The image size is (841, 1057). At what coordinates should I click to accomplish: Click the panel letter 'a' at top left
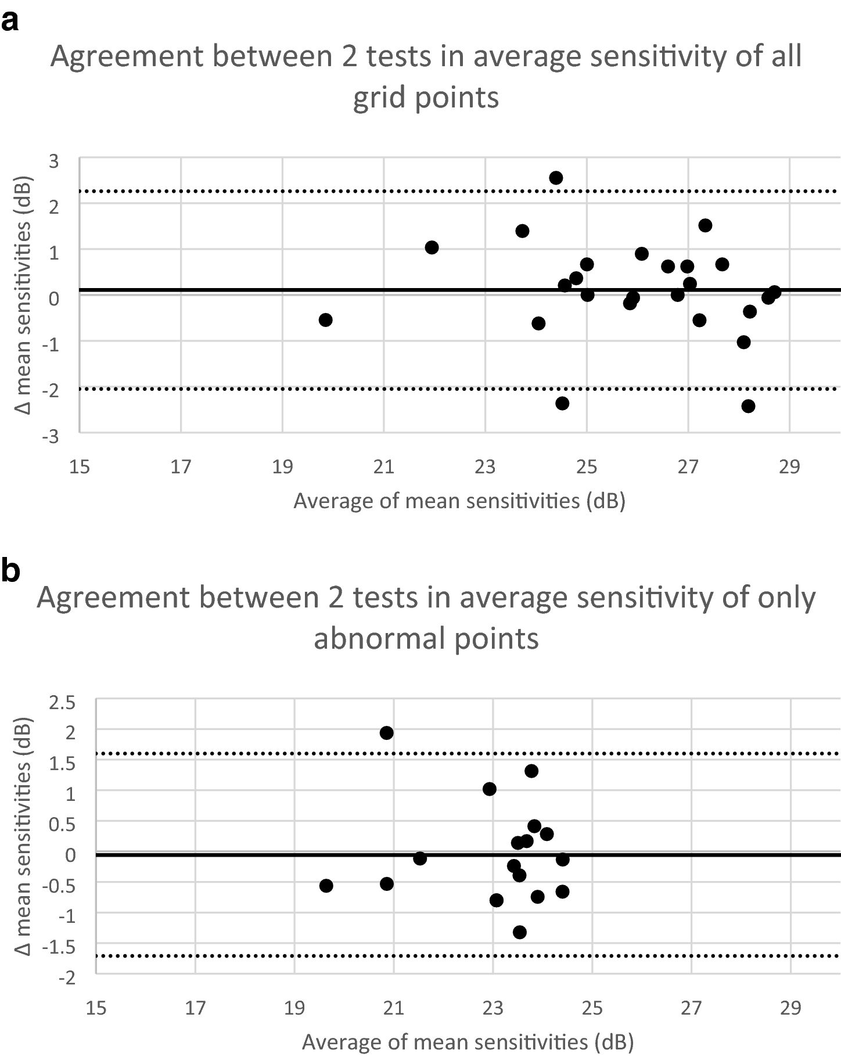10,23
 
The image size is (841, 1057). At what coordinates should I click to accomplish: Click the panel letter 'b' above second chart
11,570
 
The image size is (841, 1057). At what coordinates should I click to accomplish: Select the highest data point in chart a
556,178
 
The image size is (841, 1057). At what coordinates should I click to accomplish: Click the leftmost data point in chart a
326,320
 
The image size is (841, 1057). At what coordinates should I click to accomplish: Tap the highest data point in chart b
387,733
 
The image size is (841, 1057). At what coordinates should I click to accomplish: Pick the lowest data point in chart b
520,932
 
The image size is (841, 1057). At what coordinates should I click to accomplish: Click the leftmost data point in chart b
326,886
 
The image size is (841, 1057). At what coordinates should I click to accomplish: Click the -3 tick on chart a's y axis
51,436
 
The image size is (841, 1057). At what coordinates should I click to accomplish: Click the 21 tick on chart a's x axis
383,467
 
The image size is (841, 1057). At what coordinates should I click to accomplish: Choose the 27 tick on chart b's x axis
692,1008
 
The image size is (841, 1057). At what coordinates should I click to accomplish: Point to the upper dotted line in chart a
407,191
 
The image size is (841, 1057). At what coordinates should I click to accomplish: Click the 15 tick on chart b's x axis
96,1008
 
